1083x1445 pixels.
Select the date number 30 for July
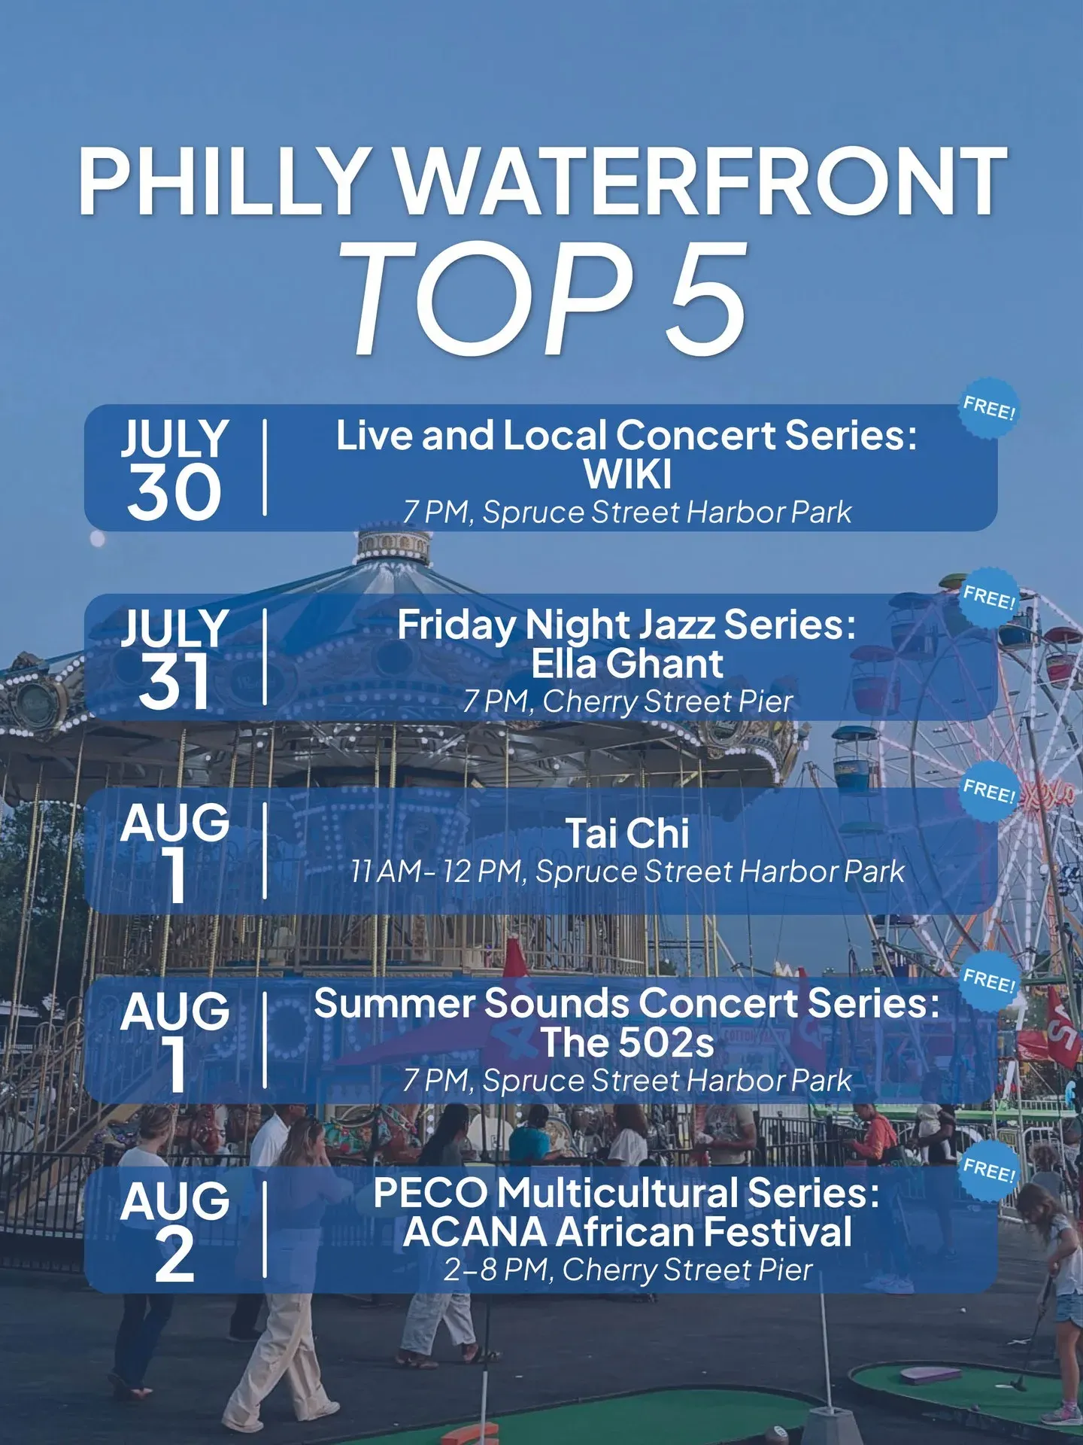174,492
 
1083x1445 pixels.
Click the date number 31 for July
174,681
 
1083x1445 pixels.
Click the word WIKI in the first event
627,474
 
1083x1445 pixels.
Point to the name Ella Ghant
627,664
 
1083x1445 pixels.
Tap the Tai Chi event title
627,833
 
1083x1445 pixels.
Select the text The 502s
627,1042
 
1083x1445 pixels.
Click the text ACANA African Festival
627,1232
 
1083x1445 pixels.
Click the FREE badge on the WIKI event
990,409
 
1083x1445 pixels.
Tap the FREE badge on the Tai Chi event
990,791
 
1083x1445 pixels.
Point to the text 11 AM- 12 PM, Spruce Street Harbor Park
627,872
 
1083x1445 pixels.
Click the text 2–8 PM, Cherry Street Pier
627,1270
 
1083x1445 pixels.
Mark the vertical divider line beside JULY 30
265,467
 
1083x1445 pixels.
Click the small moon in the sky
97,538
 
